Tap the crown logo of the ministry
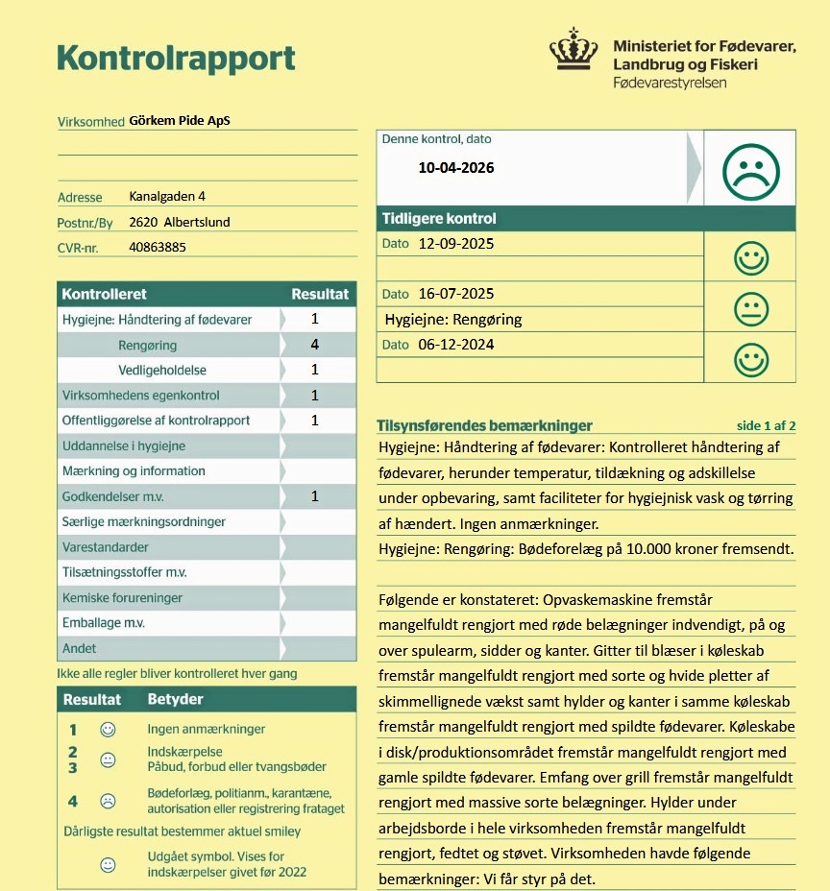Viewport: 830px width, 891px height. click(573, 56)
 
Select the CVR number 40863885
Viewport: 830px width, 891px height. click(157, 247)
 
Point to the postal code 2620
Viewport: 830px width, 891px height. click(142, 222)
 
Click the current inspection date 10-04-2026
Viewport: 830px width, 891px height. click(455, 168)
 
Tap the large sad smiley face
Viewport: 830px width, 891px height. click(750, 171)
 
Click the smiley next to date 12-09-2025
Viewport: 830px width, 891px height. click(750, 257)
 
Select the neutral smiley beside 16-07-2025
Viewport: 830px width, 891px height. click(750, 308)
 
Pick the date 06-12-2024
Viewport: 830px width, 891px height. click(455, 345)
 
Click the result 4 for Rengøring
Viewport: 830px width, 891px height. click(314, 345)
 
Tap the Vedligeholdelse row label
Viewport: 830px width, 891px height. click(162, 370)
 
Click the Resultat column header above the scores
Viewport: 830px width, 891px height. click(320, 294)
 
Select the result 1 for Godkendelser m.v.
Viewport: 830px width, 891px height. click(314, 496)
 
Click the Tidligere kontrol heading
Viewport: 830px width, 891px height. click(439, 219)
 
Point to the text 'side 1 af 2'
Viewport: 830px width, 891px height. click(766, 426)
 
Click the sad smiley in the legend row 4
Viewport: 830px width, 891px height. click(109, 800)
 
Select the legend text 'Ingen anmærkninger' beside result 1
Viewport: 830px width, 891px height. click(206, 730)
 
